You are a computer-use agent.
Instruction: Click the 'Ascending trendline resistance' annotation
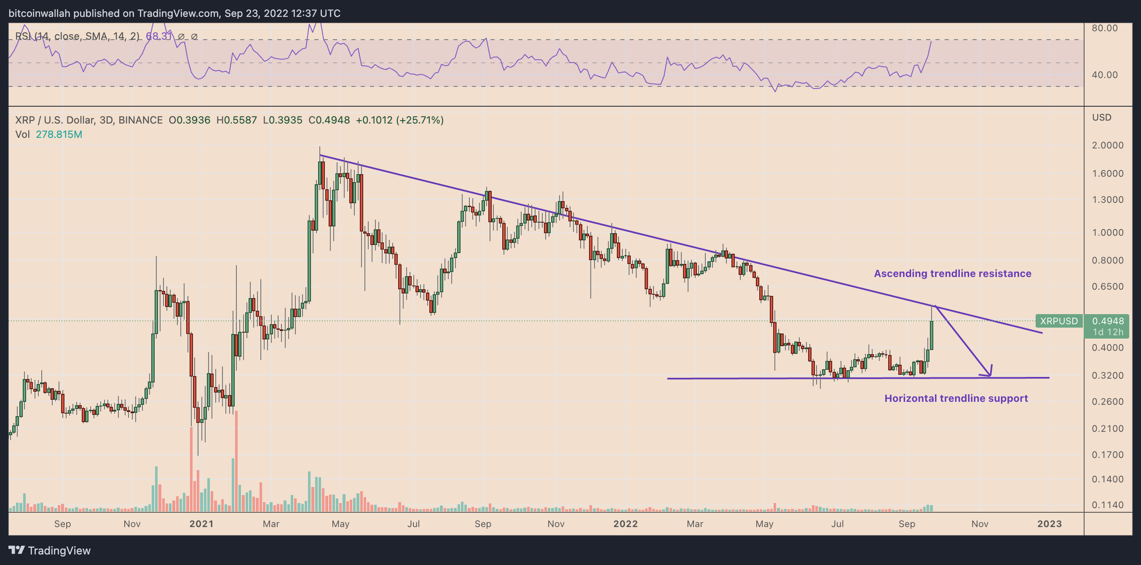click(952, 273)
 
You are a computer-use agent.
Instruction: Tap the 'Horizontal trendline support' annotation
click(956, 398)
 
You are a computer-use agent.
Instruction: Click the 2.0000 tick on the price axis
click(1107, 145)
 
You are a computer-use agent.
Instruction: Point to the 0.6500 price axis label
click(1107, 287)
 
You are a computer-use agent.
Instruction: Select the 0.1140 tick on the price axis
click(1107, 505)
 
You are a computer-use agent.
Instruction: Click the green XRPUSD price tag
click(1058, 321)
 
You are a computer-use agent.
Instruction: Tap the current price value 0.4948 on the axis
click(1107, 321)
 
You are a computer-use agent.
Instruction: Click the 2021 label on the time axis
click(201, 524)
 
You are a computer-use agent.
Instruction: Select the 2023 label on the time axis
click(1049, 524)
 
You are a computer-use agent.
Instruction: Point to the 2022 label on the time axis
click(625, 524)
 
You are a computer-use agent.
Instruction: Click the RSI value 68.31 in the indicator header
click(158, 36)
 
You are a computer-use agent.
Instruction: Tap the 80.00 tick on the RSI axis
click(1104, 28)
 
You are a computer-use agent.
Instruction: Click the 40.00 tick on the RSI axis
click(1104, 75)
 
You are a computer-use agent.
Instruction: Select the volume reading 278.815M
click(59, 134)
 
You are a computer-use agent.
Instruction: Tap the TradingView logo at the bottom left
click(50, 550)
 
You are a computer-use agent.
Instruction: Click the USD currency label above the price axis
click(1101, 118)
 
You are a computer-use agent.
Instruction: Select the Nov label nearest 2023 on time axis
click(979, 524)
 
